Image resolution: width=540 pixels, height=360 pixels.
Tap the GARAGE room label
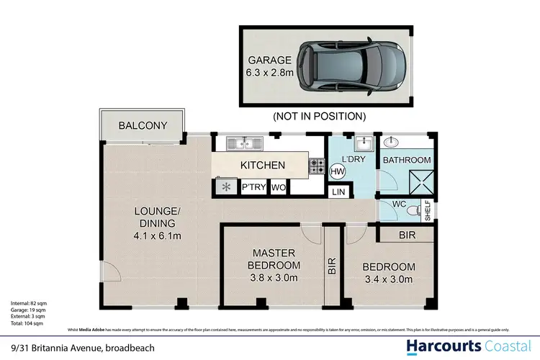[x=269, y=60]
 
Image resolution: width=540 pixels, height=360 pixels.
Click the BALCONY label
[x=143, y=125]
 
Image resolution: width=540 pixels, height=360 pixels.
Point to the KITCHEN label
[x=262, y=166]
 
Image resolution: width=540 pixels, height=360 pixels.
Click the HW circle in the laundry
[x=337, y=171]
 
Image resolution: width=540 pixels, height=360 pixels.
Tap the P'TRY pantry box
[x=253, y=188]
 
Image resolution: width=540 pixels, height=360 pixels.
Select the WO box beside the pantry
[x=279, y=188]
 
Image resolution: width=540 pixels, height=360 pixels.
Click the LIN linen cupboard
[x=338, y=192]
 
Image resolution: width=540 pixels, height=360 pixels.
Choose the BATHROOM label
[x=406, y=161]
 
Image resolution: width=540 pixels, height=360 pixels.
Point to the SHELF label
[x=427, y=210]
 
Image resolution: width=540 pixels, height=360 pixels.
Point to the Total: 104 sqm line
[x=27, y=323]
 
